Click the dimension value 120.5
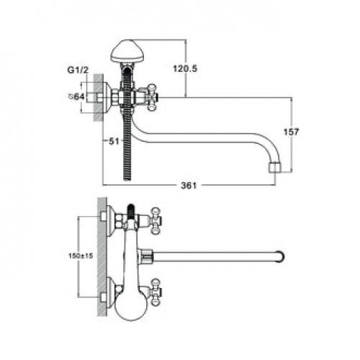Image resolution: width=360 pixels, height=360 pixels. [x=185, y=69]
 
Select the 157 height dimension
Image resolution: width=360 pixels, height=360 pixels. [x=291, y=132]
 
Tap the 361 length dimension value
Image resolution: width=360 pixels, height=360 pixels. [x=189, y=185]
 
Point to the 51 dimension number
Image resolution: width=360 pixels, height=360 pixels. [x=114, y=141]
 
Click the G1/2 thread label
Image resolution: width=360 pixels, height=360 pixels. [x=78, y=70]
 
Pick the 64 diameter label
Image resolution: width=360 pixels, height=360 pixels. [x=76, y=96]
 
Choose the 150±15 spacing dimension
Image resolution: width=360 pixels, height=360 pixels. [x=81, y=256]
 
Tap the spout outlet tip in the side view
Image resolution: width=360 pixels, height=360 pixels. [x=274, y=168]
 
